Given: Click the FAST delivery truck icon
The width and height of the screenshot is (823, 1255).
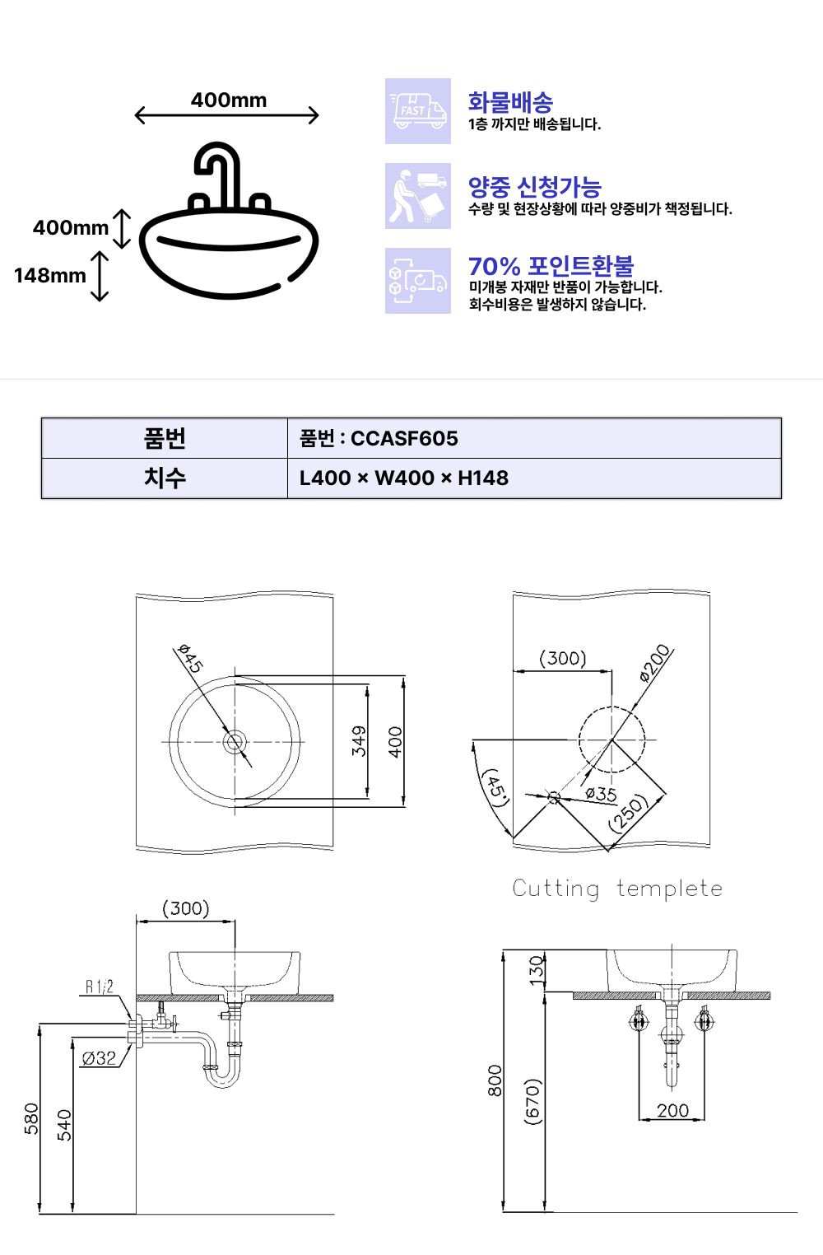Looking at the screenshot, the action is click(417, 111).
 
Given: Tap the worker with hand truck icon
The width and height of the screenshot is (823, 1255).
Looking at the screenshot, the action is click(417, 195).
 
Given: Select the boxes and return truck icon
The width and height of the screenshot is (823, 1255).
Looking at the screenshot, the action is click(417, 281).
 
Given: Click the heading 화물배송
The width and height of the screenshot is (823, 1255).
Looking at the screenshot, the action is click(510, 102).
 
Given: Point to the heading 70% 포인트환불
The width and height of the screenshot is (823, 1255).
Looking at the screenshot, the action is click(551, 266).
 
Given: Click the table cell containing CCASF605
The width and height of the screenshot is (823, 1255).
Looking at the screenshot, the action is click(534, 438).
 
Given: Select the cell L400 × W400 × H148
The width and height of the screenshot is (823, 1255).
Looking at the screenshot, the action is click(534, 478).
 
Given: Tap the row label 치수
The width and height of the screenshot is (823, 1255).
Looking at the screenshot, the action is click(165, 478).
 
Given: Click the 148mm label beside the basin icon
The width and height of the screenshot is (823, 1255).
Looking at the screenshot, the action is click(50, 276).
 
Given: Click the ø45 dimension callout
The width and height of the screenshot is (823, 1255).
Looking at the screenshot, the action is click(190, 658).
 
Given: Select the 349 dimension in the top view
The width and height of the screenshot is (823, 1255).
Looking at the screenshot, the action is click(359, 741).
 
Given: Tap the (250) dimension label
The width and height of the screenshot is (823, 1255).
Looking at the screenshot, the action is click(628, 814).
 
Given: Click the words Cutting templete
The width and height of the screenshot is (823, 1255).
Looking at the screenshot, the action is click(617, 889).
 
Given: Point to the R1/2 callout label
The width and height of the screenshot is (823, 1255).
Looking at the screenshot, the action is click(99, 987).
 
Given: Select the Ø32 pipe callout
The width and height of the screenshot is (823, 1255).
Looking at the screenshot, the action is click(99, 1058).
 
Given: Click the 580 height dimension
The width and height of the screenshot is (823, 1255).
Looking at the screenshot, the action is click(31, 1119).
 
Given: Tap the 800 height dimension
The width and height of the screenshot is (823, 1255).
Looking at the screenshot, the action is click(495, 1080).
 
